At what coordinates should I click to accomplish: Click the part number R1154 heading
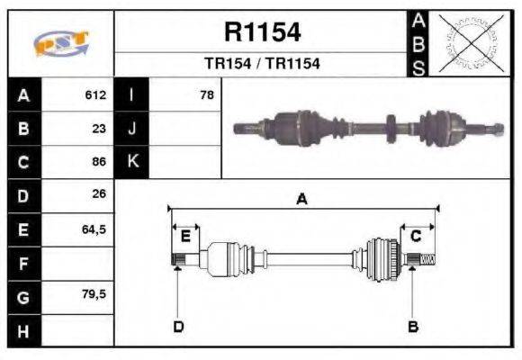pyautogui.click(x=261, y=33)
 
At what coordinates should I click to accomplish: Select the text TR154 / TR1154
pyautogui.click(x=261, y=65)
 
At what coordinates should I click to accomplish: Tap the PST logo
pyautogui.click(x=60, y=44)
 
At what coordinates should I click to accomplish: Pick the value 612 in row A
pyautogui.click(x=95, y=94)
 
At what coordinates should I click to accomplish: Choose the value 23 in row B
pyautogui.click(x=99, y=128)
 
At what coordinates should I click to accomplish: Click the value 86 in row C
pyautogui.click(x=99, y=162)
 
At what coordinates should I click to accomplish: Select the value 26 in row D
pyautogui.click(x=99, y=194)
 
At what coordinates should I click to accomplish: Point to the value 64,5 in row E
pyautogui.click(x=94, y=229)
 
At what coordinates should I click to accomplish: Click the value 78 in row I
pyautogui.click(x=207, y=94)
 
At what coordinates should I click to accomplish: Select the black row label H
pyautogui.click(x=22, y=330)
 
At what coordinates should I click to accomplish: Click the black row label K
pyautogui.click(x=131, y=162)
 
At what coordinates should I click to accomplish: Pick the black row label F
pyautogui.click(x=22, y=263)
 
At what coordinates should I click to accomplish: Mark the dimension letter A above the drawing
pyautogui.click(x=302, y=200)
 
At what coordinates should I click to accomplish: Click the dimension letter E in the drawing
pyautogui.click(x=185, y=237)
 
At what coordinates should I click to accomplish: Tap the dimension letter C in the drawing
pyautogui.click(x=416, y=237)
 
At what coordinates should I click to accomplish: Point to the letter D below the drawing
pyautogui.click(x=178, y=327)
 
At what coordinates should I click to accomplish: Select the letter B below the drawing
pyautogui.click(x=413, y=327)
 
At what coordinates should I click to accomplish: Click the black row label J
pyautogui.click(x=131, y=128)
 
